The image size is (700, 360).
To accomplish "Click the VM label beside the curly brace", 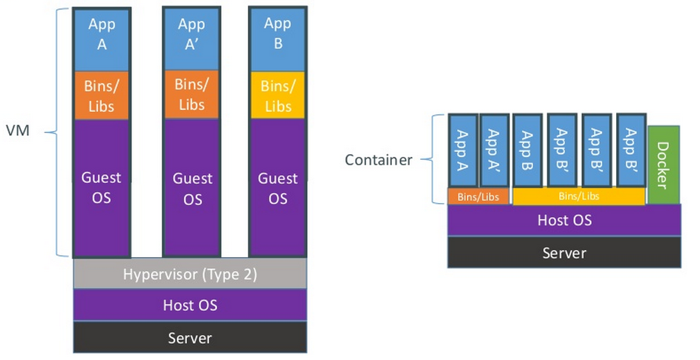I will (x=17, y=130).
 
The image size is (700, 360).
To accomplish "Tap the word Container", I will (x=378, y=160).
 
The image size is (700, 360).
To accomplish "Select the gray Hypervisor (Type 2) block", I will (x=190, y=274).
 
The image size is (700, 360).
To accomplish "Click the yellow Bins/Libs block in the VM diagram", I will (x=277, y=96).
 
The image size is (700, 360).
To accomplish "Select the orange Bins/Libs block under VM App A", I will (x=102, y=96).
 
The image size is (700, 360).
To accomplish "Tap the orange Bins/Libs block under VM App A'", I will (x=191, y=95).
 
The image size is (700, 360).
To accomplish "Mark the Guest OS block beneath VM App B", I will (x=277, y=188).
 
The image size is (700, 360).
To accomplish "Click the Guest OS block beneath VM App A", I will (x=102, y=188).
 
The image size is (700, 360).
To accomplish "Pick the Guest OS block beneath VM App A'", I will (x=191, y=188).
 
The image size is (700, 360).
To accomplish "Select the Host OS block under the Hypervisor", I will (x=190, y=305).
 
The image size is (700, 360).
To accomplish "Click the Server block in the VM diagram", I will (x=190, y=338).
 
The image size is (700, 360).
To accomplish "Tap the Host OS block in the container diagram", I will (x=564, y=220).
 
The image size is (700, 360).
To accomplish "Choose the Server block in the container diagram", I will (x=564, y=252).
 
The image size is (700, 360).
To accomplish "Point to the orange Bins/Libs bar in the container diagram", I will (x=478, y=197).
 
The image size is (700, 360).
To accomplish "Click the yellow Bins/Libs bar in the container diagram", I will (x=578, y=197).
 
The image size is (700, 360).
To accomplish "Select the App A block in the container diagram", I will (x=462, y=150).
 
